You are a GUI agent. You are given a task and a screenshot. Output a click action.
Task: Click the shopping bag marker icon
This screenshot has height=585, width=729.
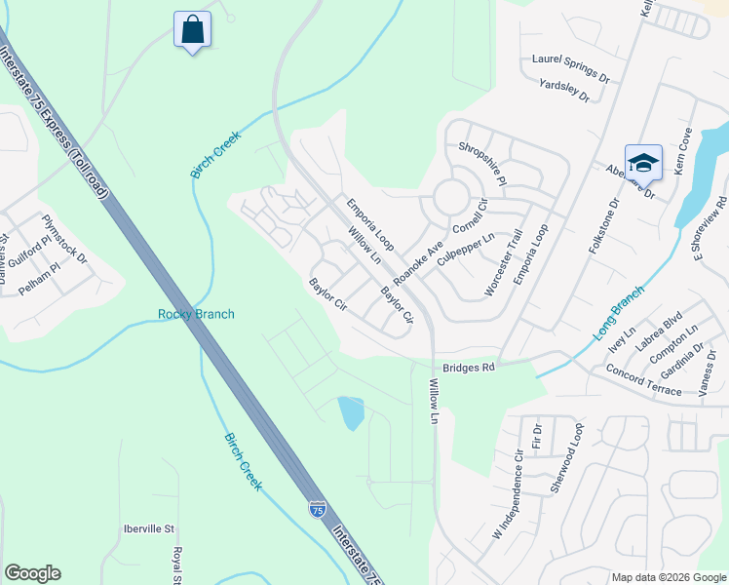[192, 30]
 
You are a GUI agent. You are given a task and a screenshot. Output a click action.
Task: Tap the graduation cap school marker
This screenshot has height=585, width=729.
[643, 163]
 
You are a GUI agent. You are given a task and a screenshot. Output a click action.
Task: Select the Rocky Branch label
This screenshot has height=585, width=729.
[196, 314]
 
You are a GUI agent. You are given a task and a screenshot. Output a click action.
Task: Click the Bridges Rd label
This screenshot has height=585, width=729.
[470, 368]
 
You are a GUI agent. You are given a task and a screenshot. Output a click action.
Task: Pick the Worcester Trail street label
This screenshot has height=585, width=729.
[503, 264]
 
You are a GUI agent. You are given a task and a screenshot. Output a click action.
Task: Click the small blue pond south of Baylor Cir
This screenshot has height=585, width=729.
[351, 412]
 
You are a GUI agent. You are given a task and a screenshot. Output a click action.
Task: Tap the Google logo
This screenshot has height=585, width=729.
[32, 573]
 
